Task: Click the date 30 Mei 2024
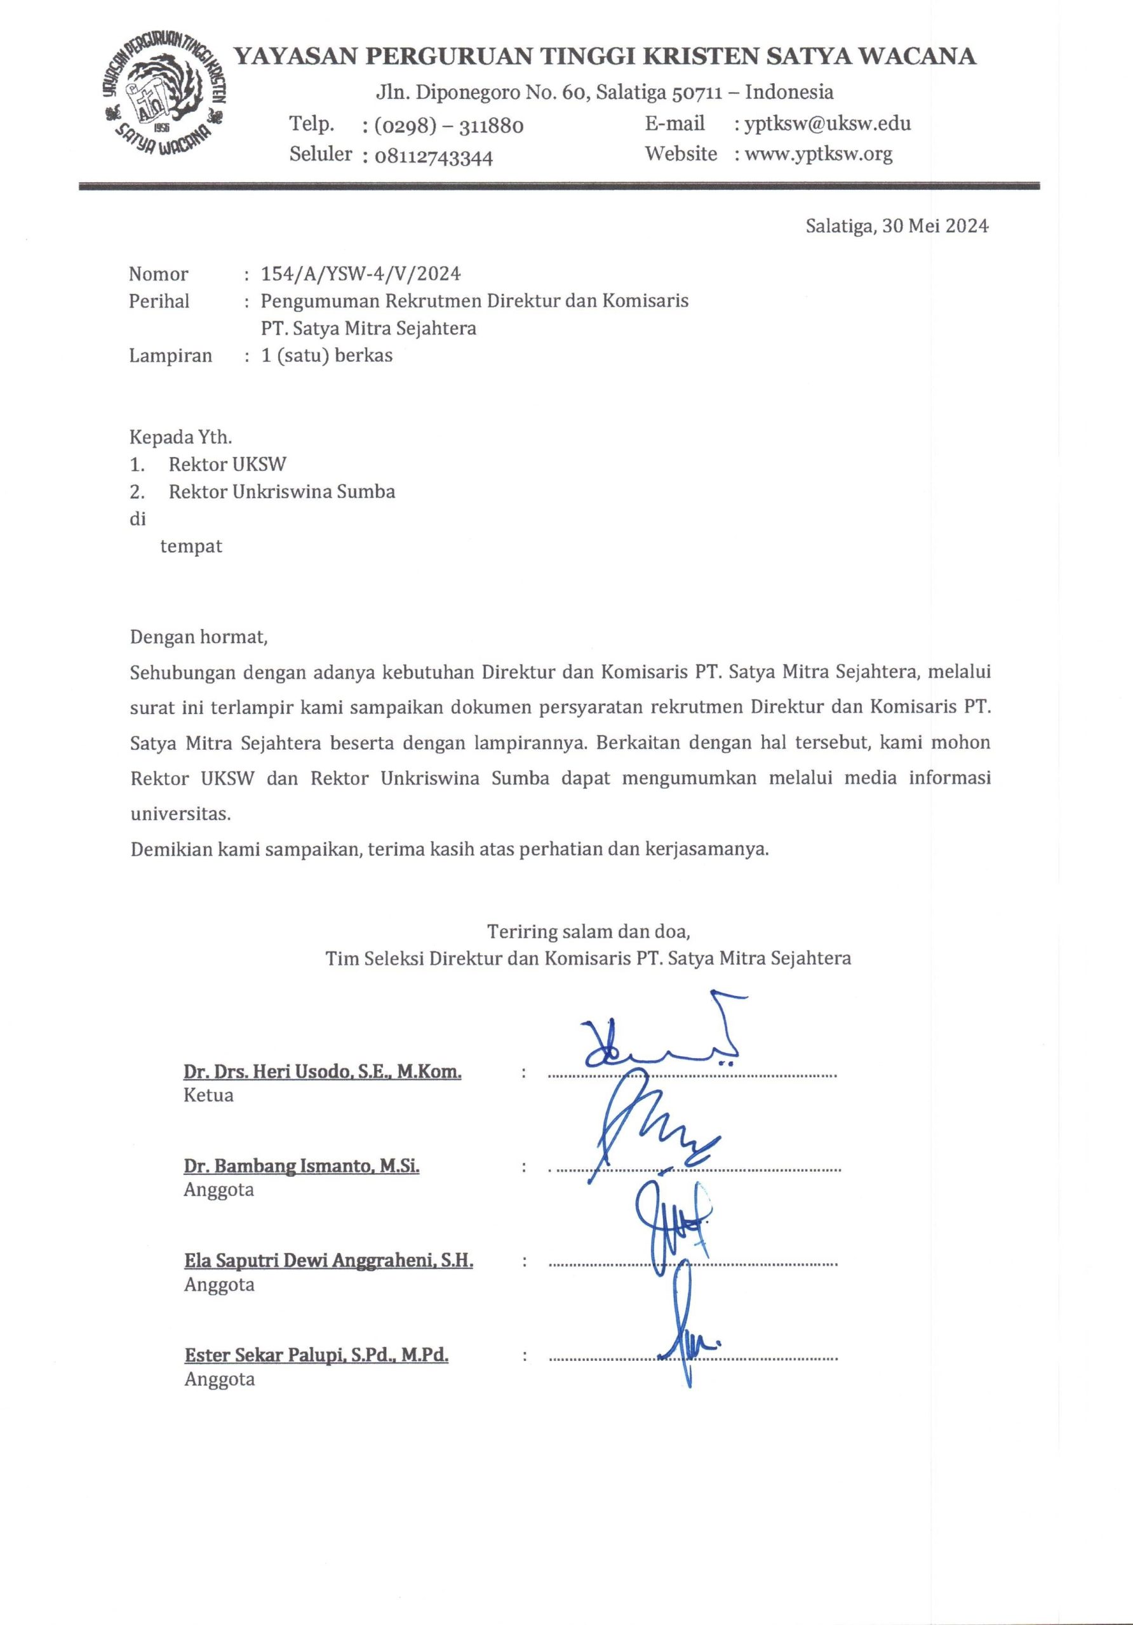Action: tap(935, 227)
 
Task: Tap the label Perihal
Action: tap(159, 302)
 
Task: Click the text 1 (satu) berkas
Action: tap(326, 355)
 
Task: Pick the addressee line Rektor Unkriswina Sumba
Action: tap(281, 492)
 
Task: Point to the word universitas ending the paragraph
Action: tap(180, 814)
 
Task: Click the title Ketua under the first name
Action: tap(208, 1096)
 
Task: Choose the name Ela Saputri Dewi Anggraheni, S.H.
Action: tap(328, 1261)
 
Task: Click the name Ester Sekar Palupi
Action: tap(316, 1355)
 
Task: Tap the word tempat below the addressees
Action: tap(191, 547)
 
